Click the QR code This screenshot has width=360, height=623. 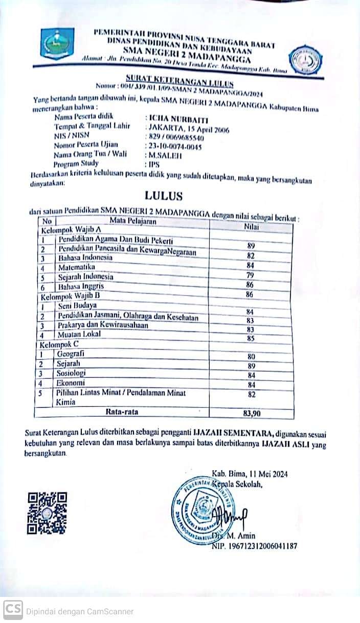47,513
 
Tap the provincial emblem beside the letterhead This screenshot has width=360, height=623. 57,44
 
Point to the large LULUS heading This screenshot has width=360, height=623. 163,196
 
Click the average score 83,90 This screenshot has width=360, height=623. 251,413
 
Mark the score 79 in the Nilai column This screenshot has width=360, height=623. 251,276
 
